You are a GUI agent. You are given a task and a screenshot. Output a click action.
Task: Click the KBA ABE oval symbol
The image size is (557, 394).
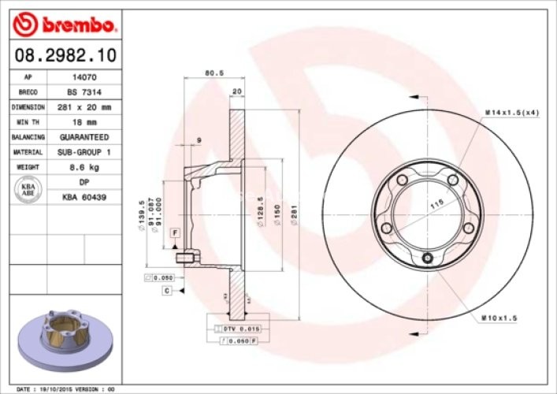[28, 188]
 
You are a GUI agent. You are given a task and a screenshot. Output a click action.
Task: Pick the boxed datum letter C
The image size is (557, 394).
[167, 291]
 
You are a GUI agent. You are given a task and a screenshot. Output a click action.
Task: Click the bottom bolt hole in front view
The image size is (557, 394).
[427, 258]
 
